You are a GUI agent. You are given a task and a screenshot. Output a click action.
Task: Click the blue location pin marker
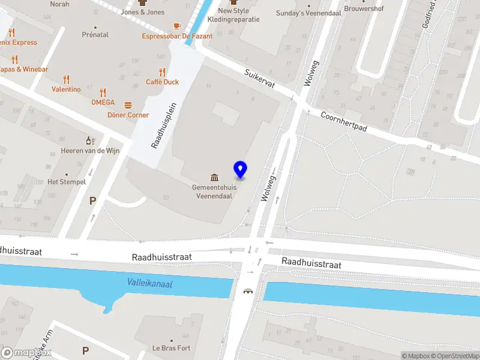tap(240, 169)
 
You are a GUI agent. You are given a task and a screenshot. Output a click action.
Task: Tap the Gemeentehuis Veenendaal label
tap(214, 191)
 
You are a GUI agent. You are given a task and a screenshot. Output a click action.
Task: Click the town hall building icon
tap(214, 177)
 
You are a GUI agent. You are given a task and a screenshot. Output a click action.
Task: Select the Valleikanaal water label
tap(149, 283)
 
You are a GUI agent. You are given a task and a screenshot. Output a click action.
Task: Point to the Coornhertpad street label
tap(343, 122)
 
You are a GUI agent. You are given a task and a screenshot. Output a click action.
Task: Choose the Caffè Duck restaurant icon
tap(162, 73)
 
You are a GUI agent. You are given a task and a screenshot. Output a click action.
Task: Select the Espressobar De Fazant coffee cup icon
tap(176, 26)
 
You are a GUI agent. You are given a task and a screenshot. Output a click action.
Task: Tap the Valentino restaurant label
tap(66, 89)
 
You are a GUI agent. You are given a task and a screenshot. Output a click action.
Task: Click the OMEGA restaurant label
tap(103, 102)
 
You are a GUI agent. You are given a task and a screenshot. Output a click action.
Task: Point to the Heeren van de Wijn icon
tap(90, 140)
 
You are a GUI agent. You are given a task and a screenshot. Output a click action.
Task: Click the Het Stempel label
tap(67, 182)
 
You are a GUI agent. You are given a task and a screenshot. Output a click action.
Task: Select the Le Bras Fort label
tap(171, 348)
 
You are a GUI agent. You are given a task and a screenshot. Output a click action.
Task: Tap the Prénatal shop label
tap(95, 35)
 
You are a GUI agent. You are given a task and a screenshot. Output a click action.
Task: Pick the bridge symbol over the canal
tap(248, 292)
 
